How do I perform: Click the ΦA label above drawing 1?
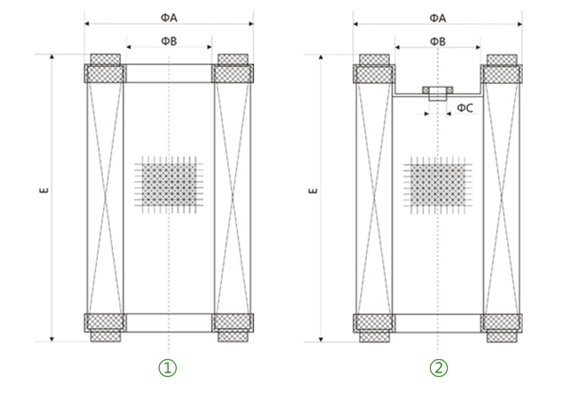pos(168,17)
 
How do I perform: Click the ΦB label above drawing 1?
pos(168,42)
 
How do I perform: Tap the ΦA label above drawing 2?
pos(438,17)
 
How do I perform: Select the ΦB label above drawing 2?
pos(438,42)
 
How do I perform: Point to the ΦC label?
pos(465,108)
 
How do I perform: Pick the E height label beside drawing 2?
pos(313,191)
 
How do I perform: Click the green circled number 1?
pos(168,368)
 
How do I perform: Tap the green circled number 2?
pos(439,368)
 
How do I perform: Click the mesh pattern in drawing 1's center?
pos(168,185)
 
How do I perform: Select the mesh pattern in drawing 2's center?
pos(438,185)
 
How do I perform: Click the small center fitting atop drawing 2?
pos(438,93)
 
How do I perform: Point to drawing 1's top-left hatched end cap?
pos(105,68)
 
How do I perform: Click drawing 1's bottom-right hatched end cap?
pos(233,327)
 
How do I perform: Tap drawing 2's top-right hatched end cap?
pos(501,69)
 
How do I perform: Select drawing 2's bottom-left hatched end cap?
pos(374,328)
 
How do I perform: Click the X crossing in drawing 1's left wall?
pos(105,198)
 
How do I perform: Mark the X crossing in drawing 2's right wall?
pos(501,198)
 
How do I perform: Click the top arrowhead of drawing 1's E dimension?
pos(52,57)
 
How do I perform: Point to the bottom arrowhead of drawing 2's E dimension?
pos(321,339)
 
